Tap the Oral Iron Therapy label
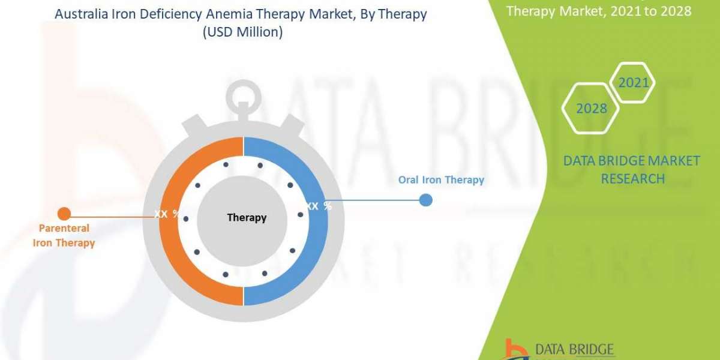(x=441, y=179)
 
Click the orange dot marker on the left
(x=64, y=213)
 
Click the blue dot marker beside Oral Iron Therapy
(x=425, y=200)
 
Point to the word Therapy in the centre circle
(x=247, y=217)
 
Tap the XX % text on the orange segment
(x=166, y=214)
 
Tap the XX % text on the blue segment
(x=319, y=206)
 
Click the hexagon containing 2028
(x=591, y=109)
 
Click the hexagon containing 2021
(x=634, y=82)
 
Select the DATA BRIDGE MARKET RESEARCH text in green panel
(x=632, y=169)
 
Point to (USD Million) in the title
(x=241, y=32)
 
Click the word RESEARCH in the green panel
(x=632, y=178)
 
